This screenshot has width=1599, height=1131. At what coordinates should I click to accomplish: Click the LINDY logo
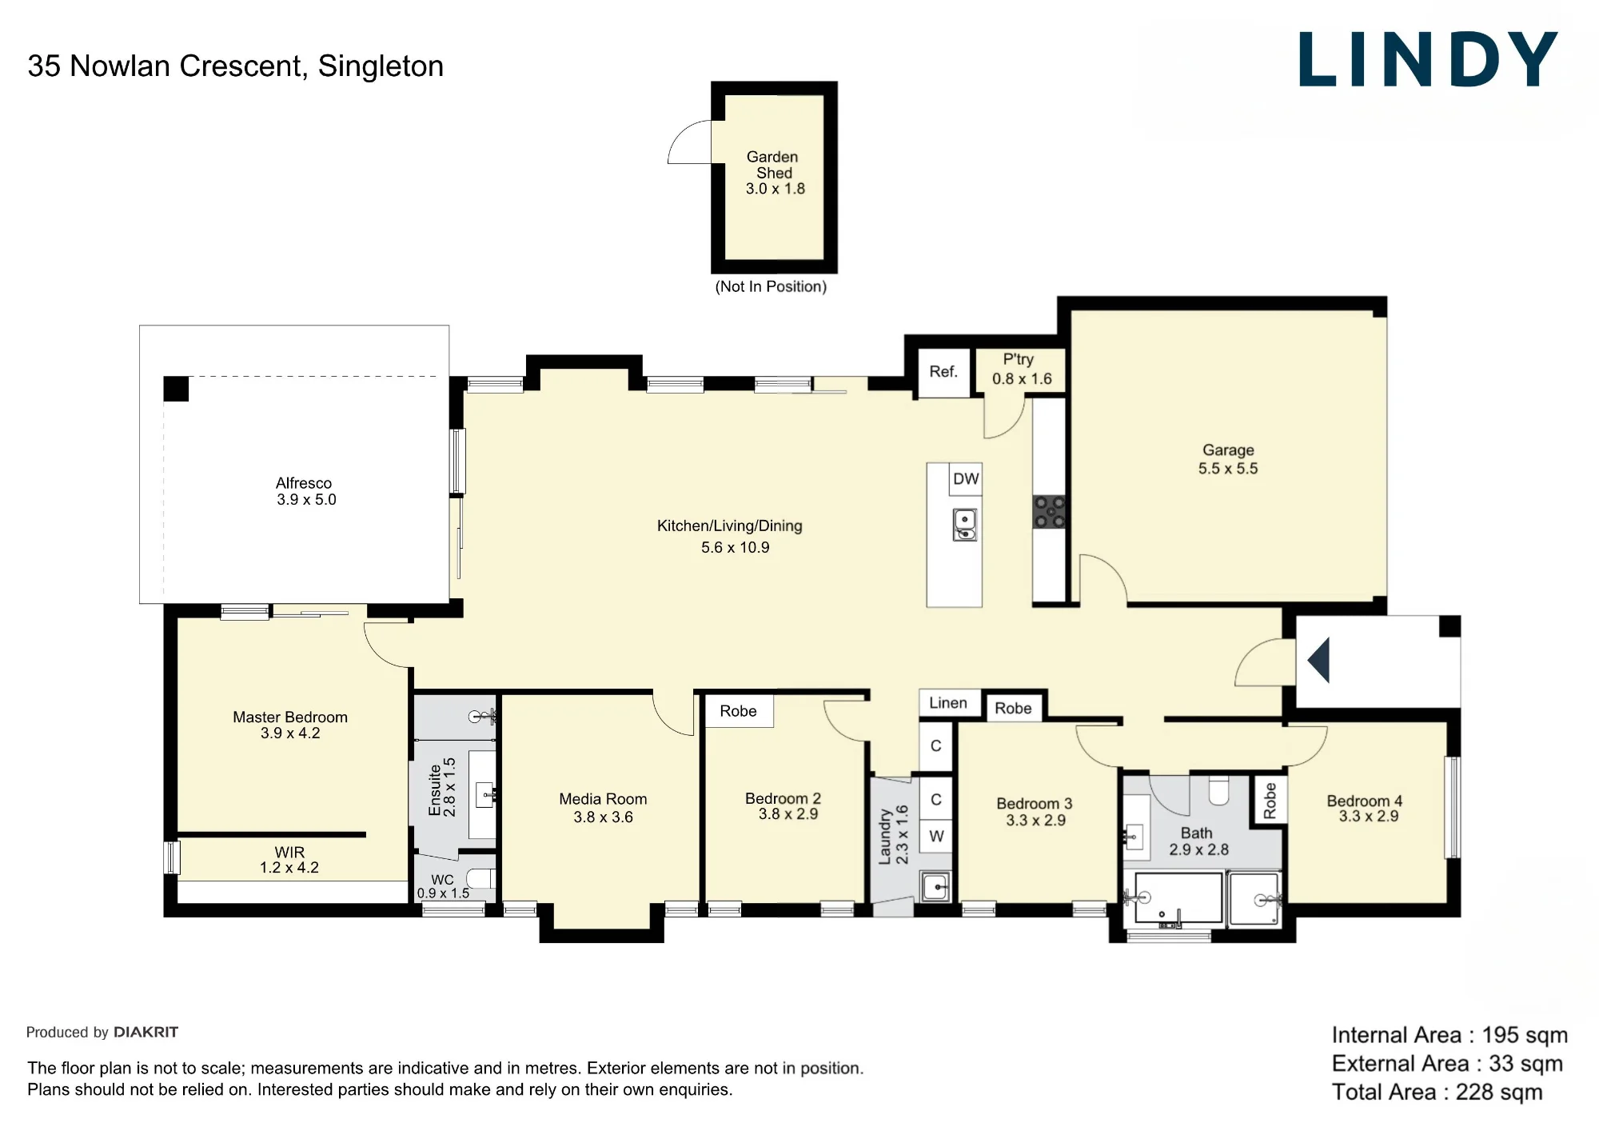pos(1428,59)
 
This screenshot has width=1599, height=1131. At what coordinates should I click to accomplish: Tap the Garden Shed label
pos(773,165)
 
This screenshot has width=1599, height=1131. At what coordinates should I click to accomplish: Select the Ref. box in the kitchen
pos(943,372)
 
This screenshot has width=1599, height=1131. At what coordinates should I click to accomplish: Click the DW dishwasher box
pos(966,478)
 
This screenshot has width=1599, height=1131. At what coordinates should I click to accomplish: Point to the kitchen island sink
pos(965,525)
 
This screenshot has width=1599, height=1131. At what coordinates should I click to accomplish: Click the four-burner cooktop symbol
pos(1049,512)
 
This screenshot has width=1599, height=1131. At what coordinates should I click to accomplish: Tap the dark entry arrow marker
pos(1318,660)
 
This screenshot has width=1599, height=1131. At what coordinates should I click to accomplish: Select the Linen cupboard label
pos(948,702)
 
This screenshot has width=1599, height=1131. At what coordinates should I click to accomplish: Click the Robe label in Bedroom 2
pos(738,711)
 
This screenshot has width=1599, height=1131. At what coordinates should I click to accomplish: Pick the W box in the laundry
pos(936,837)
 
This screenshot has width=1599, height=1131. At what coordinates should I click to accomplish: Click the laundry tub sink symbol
pos(935,886)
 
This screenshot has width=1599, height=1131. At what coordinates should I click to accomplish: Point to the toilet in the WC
pos(480,879)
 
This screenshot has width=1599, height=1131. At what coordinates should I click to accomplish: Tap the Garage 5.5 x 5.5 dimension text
pos(1228,469)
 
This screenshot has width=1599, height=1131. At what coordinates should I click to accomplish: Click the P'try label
pos(1019,360)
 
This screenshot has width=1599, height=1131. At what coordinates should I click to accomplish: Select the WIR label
pos(289,853)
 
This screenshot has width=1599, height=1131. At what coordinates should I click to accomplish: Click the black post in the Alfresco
pos(176,389)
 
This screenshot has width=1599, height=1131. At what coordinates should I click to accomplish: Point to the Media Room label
pos(603,799)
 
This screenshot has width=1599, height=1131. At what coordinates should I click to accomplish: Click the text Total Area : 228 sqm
pos(1438,1092)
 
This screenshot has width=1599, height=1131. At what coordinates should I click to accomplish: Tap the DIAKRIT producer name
pos(146,1032)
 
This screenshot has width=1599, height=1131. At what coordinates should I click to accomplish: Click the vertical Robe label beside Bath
pos(1270,801)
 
